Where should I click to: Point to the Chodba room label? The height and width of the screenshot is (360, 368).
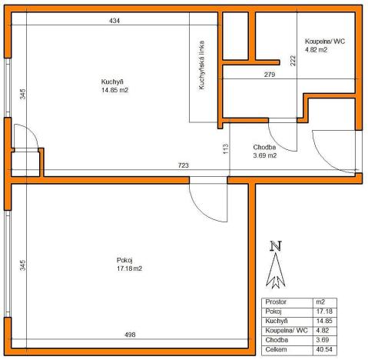264,147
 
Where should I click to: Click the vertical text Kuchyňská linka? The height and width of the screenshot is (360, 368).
201,66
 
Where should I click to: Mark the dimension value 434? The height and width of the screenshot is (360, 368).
114,21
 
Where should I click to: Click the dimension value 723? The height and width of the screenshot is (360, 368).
184,165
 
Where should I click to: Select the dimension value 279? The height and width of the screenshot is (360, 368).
270,75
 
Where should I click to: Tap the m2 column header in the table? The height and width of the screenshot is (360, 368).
321,302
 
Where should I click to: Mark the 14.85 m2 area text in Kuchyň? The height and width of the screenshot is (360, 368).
114,90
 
